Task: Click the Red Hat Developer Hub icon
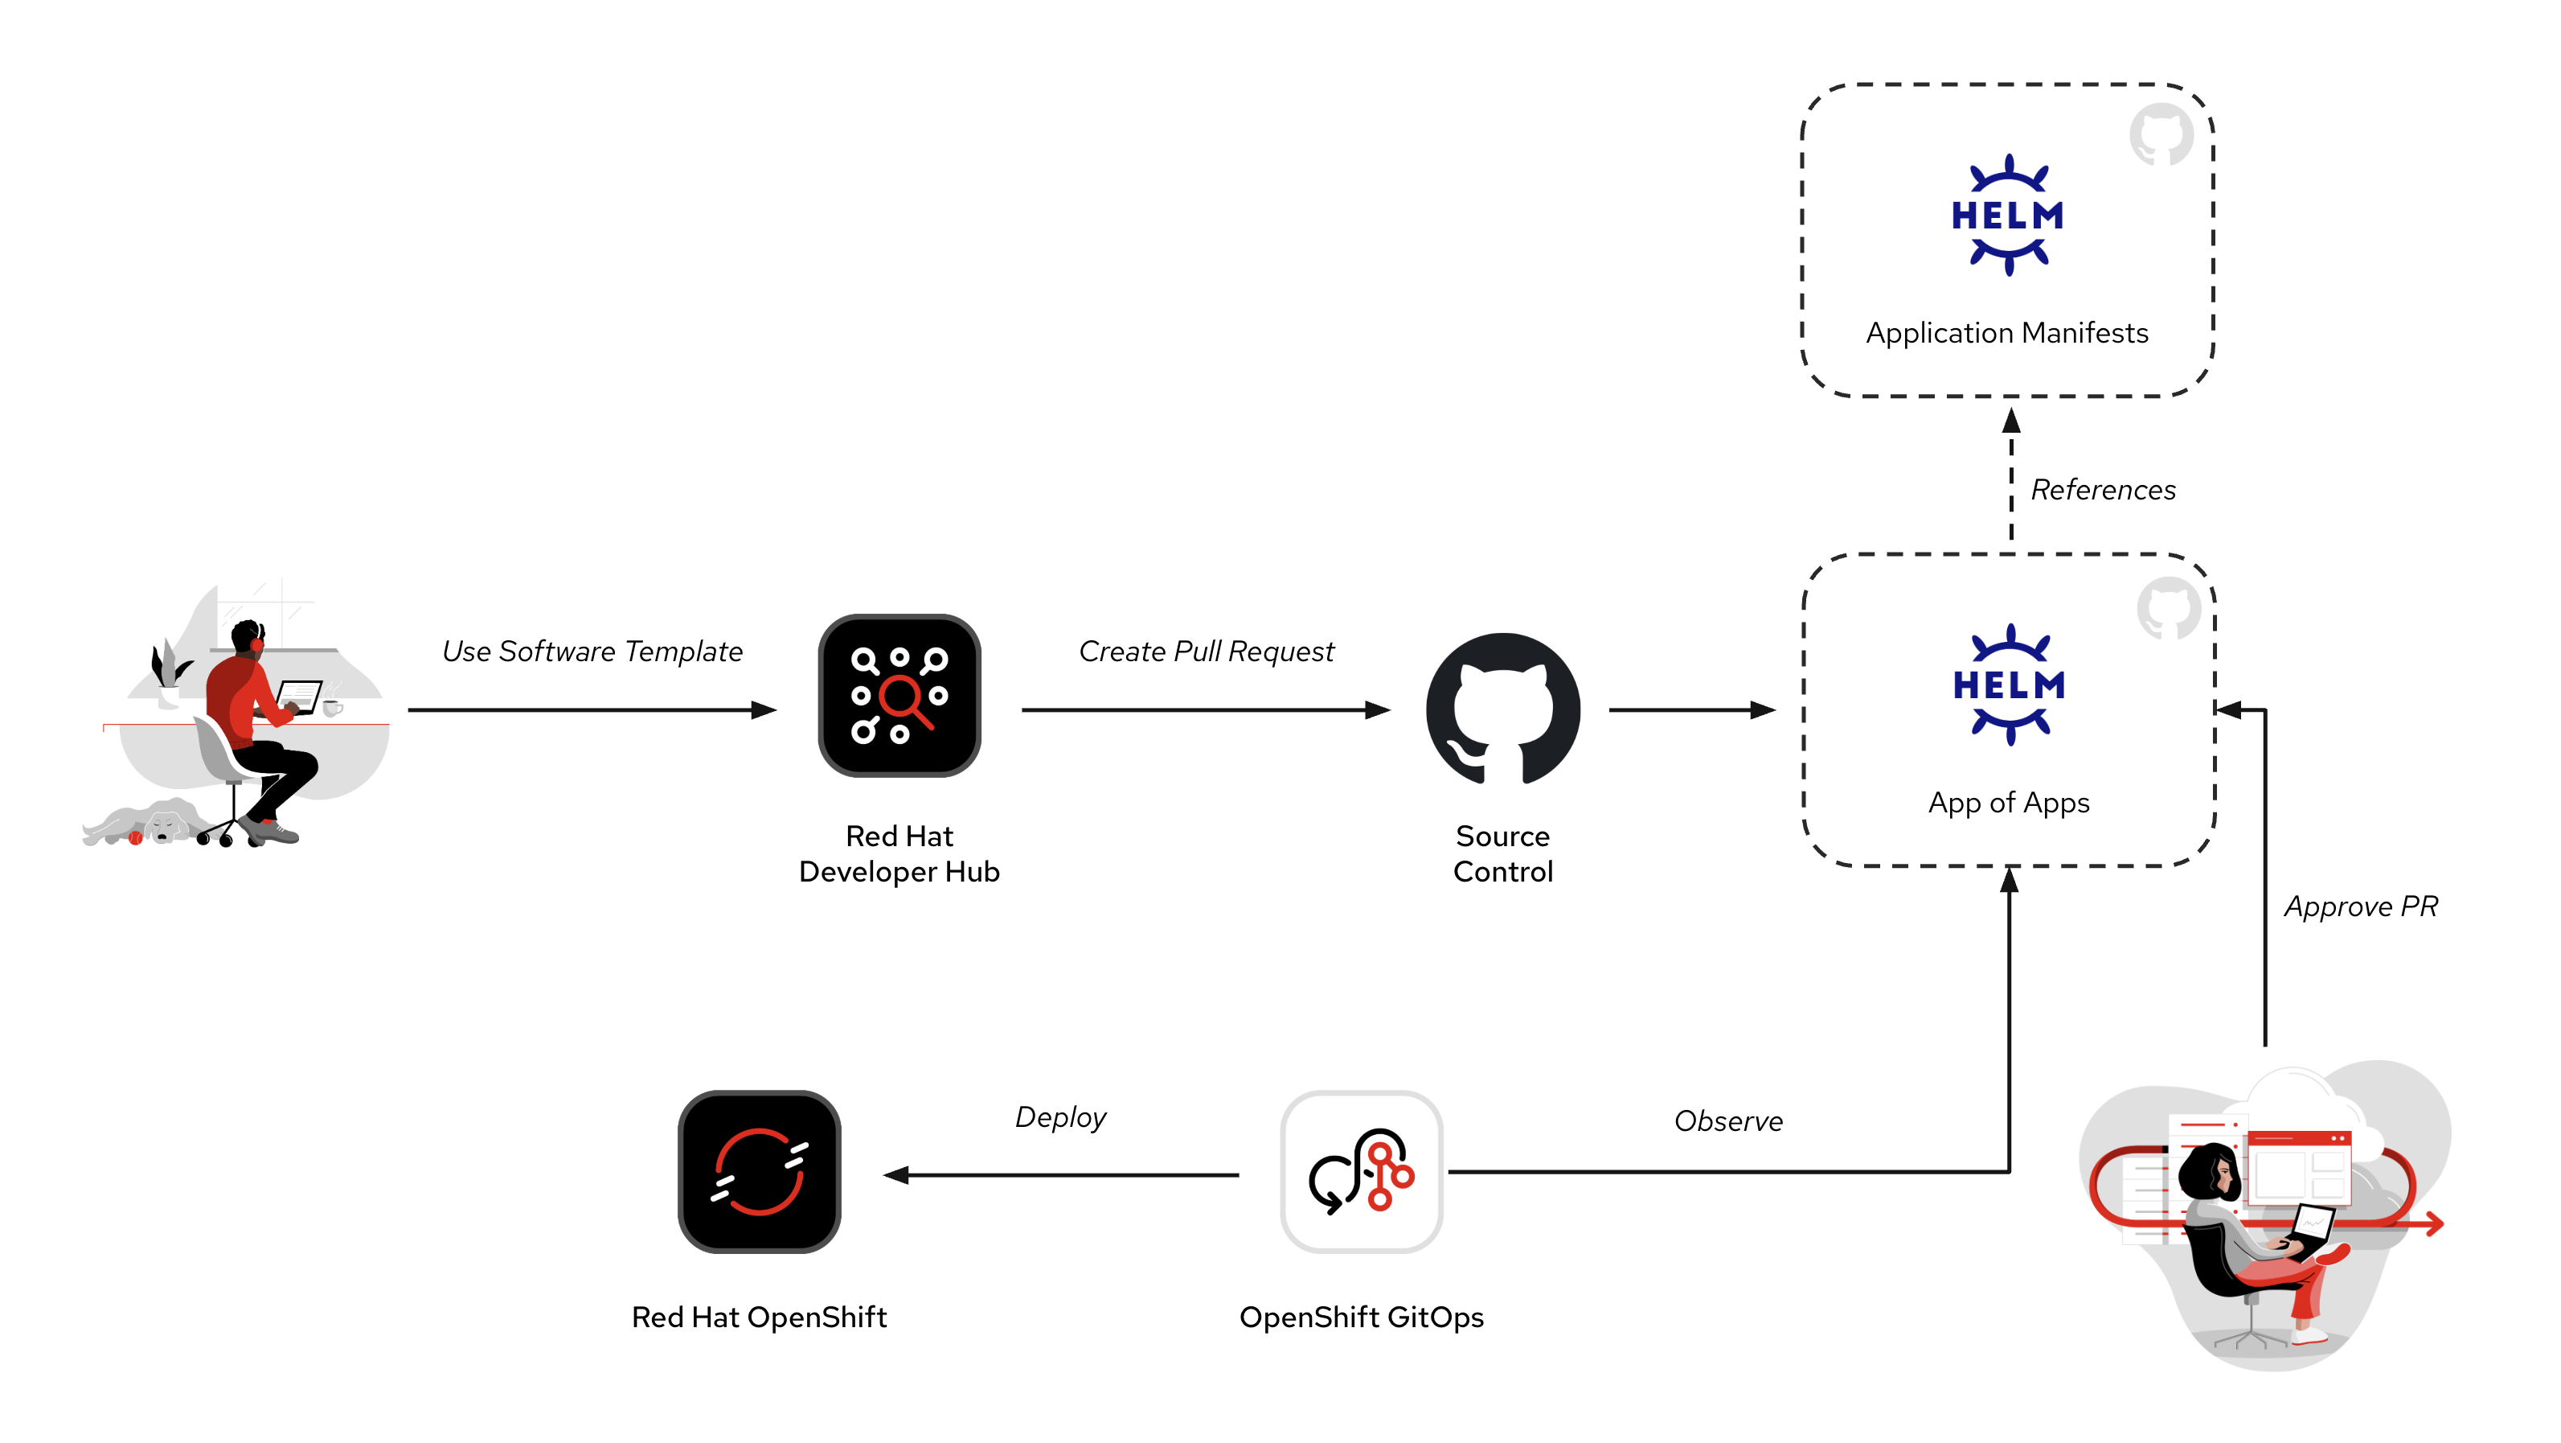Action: (x=899, y=695)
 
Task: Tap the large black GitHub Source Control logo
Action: (x=1502, y=708)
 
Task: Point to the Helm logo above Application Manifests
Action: (x=2007, y=215)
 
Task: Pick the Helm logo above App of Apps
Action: (x=2010, y=684)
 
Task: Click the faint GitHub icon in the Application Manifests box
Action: (x=2161, y=134)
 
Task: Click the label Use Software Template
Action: (x=592, y=652)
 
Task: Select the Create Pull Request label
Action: (x=1206, y=652)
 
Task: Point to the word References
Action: (x=2103, y=489)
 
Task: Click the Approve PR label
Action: (x=2360, y=906)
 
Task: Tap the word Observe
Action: (x=1728, y=1120)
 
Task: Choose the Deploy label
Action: (x=1059, y=1116)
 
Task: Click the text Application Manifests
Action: (x=2006, y=332)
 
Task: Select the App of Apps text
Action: (x=2008, y=803)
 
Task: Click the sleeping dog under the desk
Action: (x=150, y=822)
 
